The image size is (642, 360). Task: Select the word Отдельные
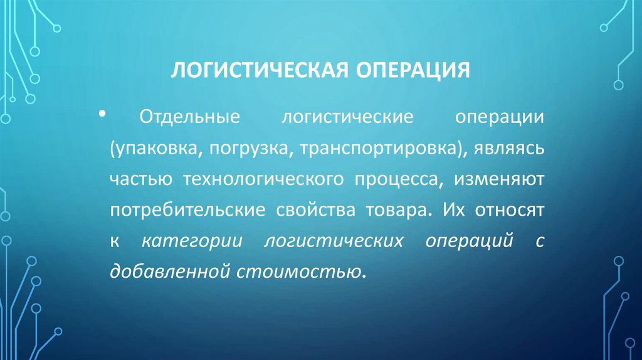[182, 119]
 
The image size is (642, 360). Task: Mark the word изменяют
[502, 179]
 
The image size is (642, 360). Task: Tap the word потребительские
[186, 210]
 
